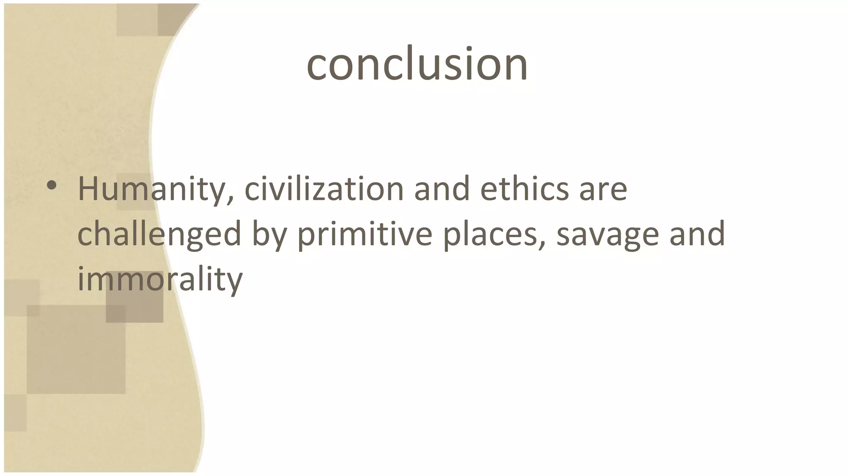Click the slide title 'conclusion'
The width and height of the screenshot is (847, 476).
click(417, 64)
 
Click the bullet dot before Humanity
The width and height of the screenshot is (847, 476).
click(51, 186)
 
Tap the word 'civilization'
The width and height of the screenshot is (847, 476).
click(324, 189)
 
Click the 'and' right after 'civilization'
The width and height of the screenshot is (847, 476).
click(442, 189)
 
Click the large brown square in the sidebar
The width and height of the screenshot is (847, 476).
click(76, 350)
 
